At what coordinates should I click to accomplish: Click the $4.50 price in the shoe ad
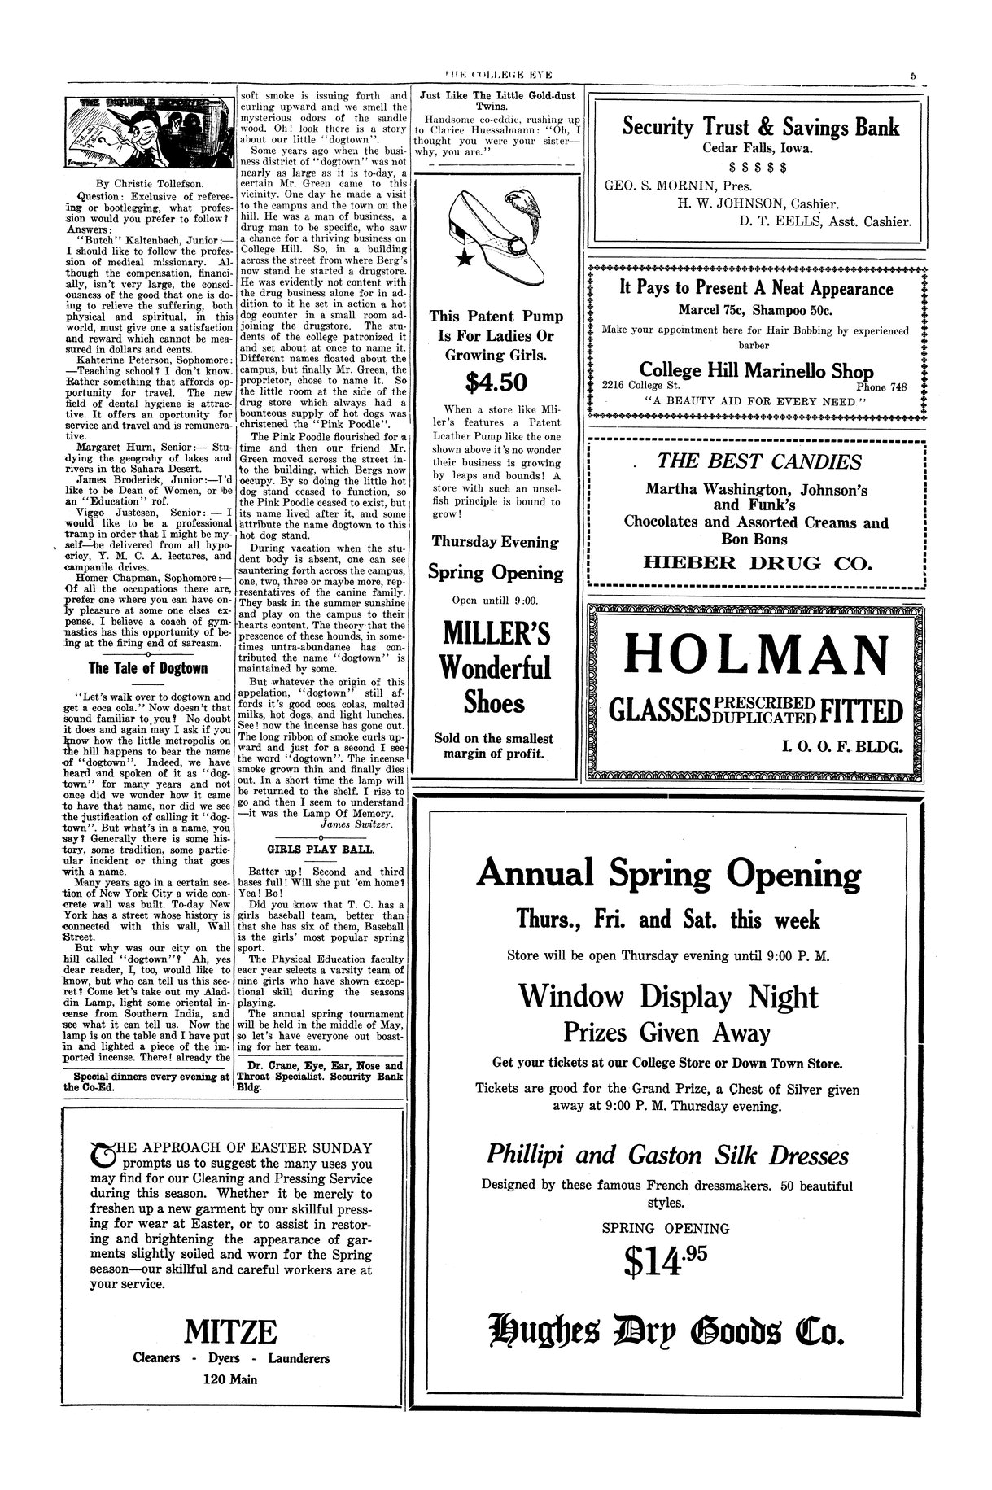(496, 382)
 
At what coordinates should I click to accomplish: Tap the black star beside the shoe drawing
(465, 259)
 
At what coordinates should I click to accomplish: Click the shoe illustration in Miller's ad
(496, 232)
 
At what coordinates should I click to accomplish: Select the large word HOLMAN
(755, 654)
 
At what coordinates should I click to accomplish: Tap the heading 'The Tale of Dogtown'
(148, 668)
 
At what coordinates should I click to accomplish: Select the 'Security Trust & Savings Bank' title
(761, 127)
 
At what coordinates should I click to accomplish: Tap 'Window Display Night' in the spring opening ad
(668, 995)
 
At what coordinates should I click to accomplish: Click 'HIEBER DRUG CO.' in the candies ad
(756, 562)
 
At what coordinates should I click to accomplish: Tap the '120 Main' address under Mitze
(230, 1379)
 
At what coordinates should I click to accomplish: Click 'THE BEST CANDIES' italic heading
(758, 461)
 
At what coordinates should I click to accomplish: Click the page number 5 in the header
(914, 75)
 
